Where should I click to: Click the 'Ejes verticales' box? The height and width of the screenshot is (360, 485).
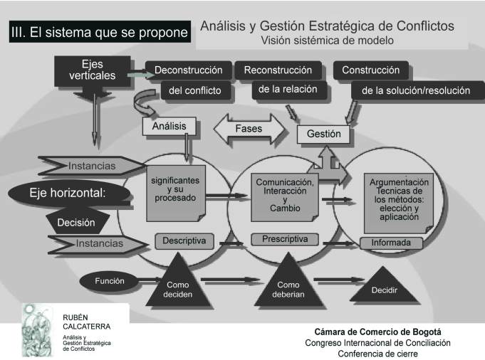pyautogui.click(x=92, y=71)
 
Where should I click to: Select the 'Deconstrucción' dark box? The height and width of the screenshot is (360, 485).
pyautogui.click(x=188, y=70)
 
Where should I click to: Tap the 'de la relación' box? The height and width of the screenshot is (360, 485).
pyautogui.click(x=288, y=90)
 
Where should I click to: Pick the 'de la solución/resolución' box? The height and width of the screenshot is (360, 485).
pyautogui.click(x=416, y=90)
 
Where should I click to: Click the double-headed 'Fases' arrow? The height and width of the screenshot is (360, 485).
pyautogui.click(x=249, y=129)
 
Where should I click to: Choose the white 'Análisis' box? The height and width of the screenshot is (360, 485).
pyautogui.click(x=170, y=126)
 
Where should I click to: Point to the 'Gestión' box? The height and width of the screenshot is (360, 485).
pyautogui.click(x=323, y=134)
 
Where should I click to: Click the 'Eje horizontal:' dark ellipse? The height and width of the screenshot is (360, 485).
pyautogui.click(x=68, y=193)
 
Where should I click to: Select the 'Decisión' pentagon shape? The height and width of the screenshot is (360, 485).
pyautogui.click(x=76, y=221)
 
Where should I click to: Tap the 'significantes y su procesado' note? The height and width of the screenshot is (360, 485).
pyautogui.click(x=175, y=193)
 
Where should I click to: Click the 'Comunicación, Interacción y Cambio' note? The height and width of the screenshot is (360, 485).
pyautogui.click(x=285, y=197)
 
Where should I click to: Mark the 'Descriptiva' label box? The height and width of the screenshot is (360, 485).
pyautogui.click(x=184, y=240)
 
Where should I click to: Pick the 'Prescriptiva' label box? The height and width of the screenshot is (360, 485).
pyautogui.click(x=285, y=239)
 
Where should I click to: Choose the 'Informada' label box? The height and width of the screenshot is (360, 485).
pyautogui.click(x=391, y=243)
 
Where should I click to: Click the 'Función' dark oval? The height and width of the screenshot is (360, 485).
pyautogui.click(x=110, y=281)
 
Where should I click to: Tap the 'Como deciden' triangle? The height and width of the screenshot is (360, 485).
pyautogui.click(x=178, y=285)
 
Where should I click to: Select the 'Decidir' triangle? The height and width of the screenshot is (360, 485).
pyautogui.click(x=384, y=287)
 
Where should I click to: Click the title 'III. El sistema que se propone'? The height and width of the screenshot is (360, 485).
pyautogui.click(x=100, y=32)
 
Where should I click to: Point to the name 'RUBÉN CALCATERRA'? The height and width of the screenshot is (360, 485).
pyautogui.click(x=86, y=322)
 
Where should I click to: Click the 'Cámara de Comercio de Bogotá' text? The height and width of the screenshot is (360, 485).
pyautogui.click(x=377, y=332)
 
